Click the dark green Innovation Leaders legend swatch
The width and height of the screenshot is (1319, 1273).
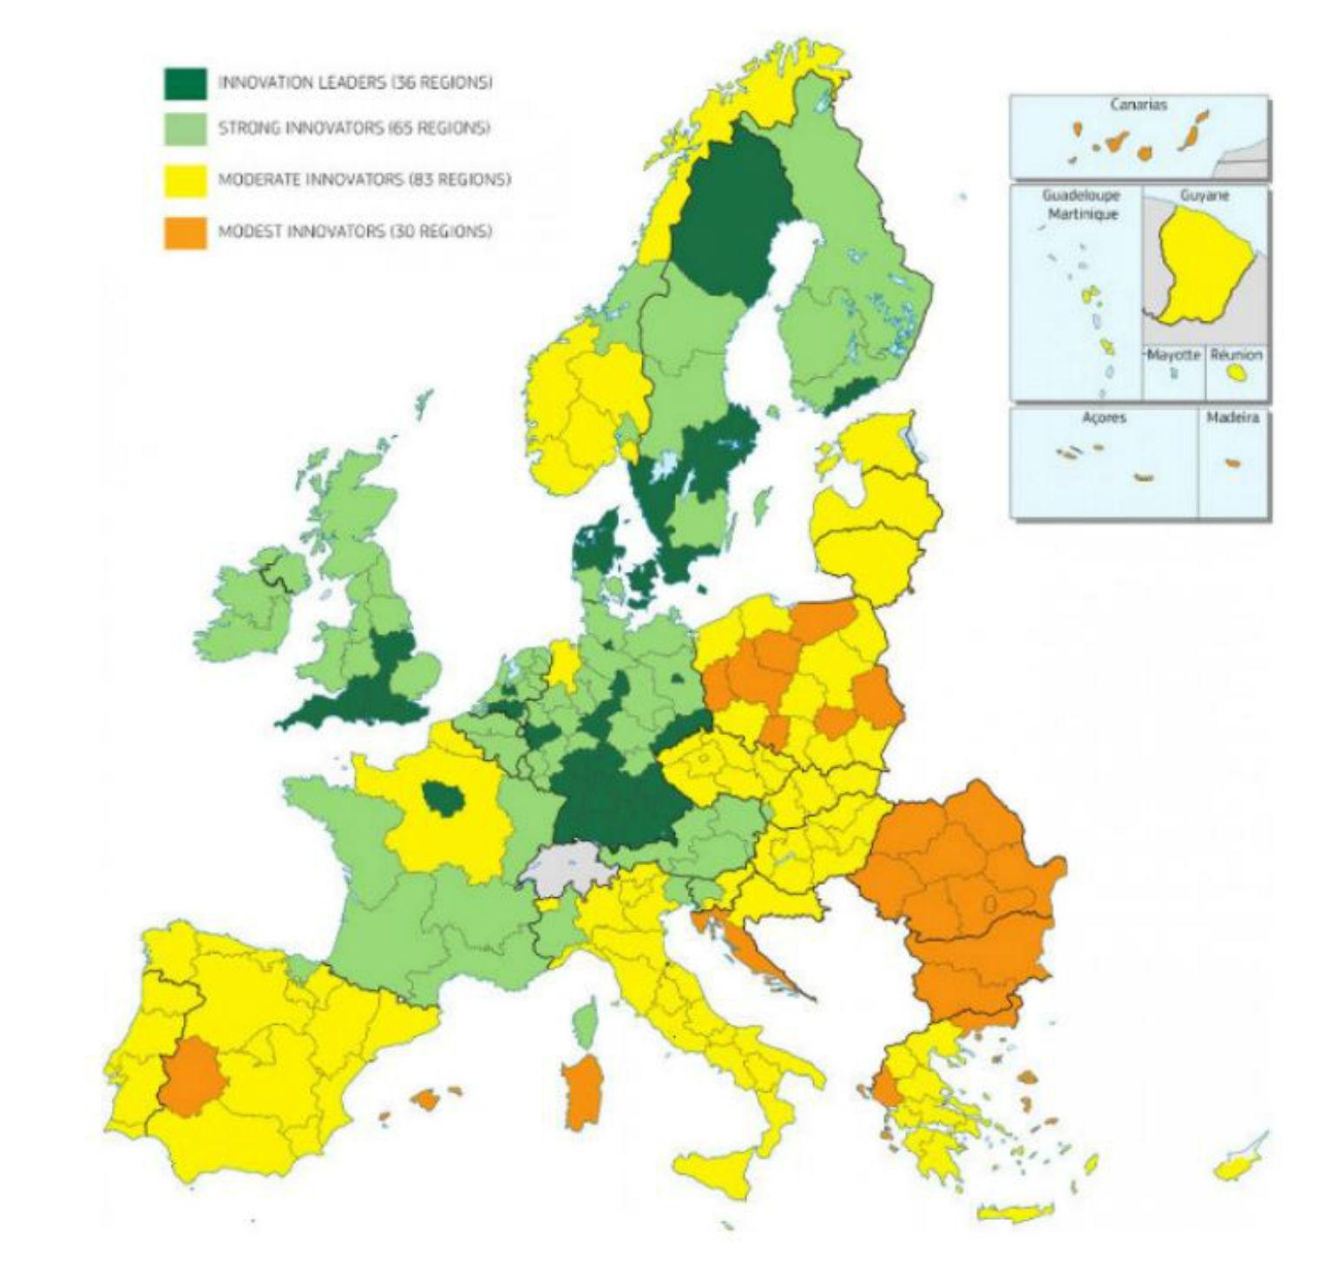click(185, 83)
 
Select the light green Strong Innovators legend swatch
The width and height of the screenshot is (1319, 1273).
click(185, 128)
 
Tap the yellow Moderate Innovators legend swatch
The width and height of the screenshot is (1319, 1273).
click(185, 180)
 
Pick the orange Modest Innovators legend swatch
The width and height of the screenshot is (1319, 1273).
click(185, 232)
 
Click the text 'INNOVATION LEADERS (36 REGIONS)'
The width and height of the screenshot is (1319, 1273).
click(355, 83)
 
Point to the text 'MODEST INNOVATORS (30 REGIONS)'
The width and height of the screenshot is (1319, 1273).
click(355, 232)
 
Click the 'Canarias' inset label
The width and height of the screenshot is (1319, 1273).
click(1138, 105)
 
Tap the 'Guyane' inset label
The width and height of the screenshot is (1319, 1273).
click(1204, 196)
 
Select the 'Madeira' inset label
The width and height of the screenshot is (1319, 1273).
click(1232, 418)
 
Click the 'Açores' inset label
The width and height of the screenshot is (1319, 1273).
click(1104, 418)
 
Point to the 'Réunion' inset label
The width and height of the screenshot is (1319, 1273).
click(1237, 355)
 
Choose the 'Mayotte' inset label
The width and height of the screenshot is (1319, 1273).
click(1173, 355)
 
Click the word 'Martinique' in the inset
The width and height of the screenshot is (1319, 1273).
click(1082, 214)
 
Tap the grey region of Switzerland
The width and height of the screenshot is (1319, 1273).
click(565, 869)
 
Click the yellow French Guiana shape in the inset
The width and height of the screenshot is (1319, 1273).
click(1202, 265)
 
